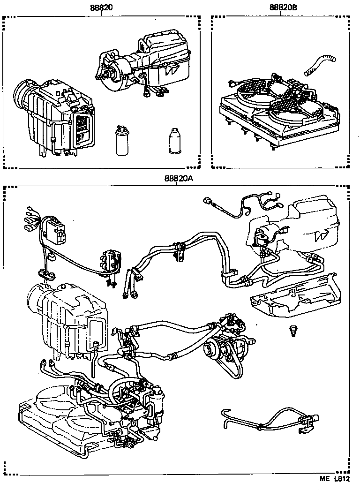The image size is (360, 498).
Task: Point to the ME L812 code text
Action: coord(335,492)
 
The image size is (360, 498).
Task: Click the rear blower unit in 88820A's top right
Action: coord(300,225)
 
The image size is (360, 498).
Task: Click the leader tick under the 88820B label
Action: coord(281,15)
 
